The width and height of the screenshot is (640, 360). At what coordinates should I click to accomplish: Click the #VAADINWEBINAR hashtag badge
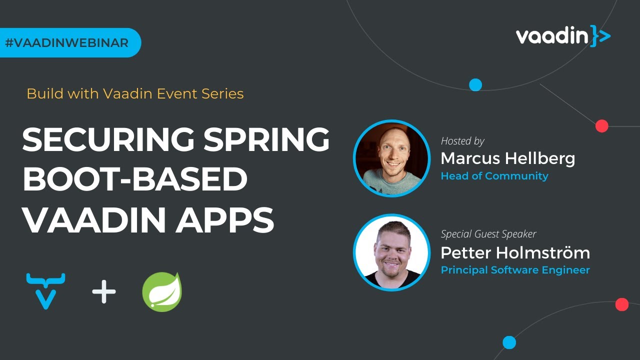[x=67, y=43]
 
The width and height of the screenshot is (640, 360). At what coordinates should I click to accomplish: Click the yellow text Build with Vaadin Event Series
[x=135, y=93]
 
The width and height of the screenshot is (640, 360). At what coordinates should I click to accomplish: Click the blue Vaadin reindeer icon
[x=45, y=290]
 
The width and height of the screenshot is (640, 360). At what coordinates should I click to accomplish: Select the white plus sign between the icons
[x=104, y=292]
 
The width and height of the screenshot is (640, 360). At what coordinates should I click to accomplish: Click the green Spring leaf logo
[x=161, y=292]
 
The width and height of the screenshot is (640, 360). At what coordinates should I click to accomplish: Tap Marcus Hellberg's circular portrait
[x=391, y=158]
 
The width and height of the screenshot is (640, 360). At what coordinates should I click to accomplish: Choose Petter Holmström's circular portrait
[x=391, y=252]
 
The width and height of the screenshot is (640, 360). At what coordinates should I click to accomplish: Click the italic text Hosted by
[x=462, y=141]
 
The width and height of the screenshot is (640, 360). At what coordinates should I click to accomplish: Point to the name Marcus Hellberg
[x=507, y=158]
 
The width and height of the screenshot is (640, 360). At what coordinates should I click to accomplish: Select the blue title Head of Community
[x=494, y=176]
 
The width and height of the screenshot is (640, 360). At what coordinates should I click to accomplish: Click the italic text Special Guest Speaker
[x=488, y=234]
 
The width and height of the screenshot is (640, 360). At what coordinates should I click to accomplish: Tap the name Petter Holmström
[x=515, y=252]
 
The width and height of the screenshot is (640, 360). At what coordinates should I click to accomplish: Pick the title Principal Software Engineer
[x=515, y=270]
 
